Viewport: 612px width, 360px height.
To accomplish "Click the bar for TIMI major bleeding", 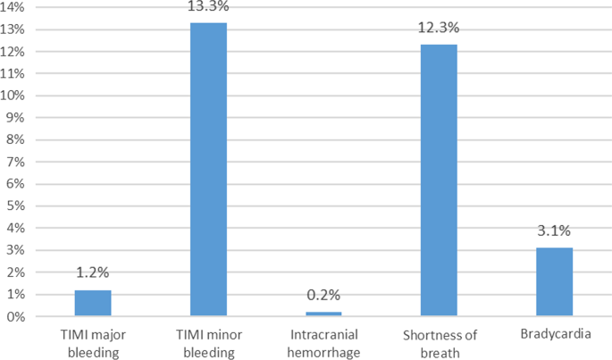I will pyautogui.click(x=92, y=304).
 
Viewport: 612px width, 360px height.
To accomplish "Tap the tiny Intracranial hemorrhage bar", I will pyautogui.click(x=323, y=314).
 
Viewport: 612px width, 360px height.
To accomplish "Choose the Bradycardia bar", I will pyautogui.click(x=554, y=282).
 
